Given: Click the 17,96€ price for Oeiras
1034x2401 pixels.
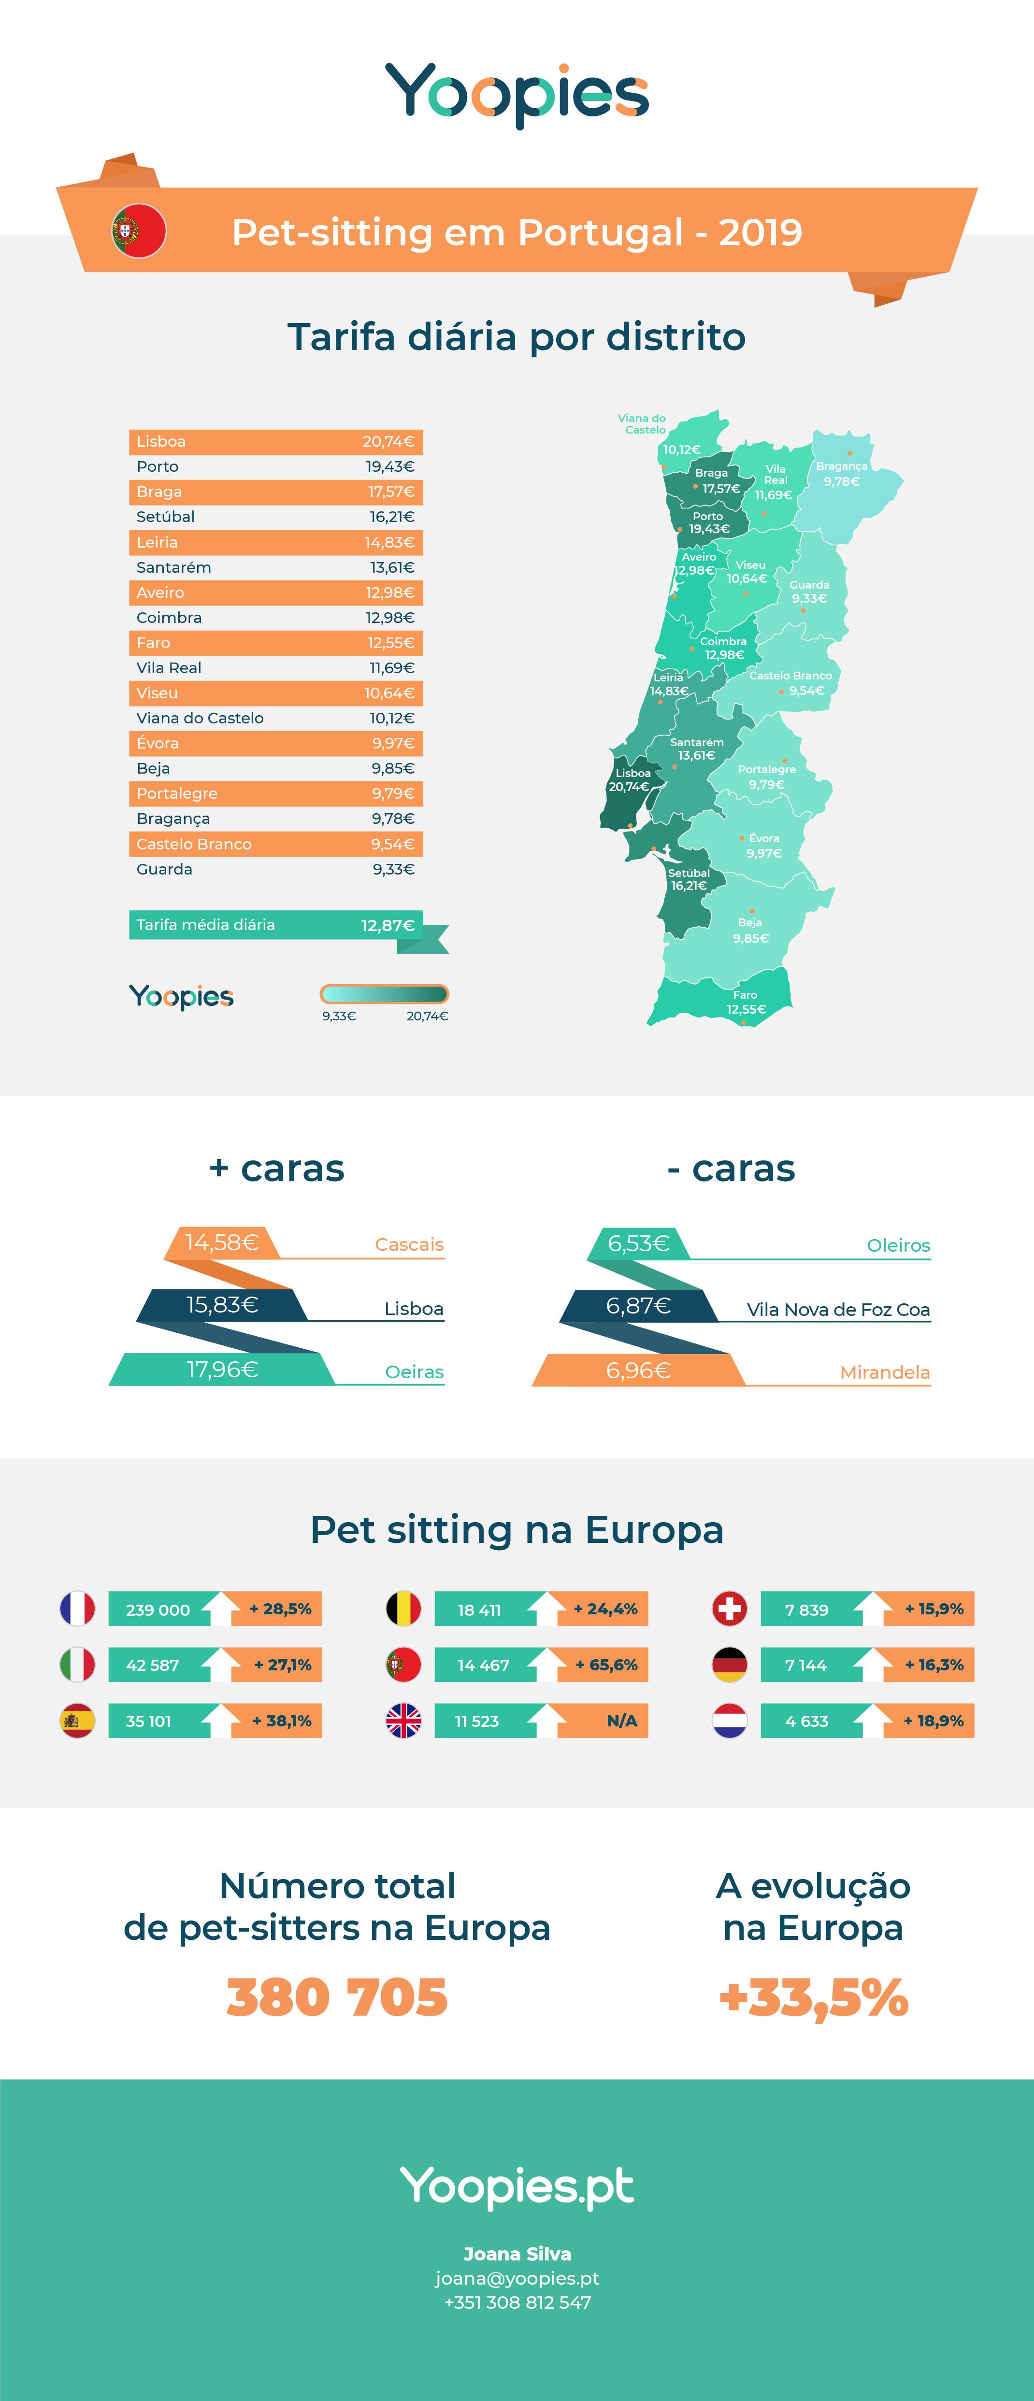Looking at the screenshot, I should click(x=222, y=1369).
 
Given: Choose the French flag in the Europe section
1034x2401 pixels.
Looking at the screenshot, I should click(x=77, y=1609).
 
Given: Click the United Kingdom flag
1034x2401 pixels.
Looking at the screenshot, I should click(x=404, y=1721).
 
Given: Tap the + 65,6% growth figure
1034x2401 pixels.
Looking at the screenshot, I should click(x=606, y=1665).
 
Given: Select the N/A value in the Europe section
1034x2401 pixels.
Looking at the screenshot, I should click(x=622, y=1721).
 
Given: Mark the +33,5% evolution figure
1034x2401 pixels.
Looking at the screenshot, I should click(x=813, y=1997).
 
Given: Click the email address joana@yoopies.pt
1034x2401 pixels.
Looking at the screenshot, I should click(x=517, y=2278).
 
